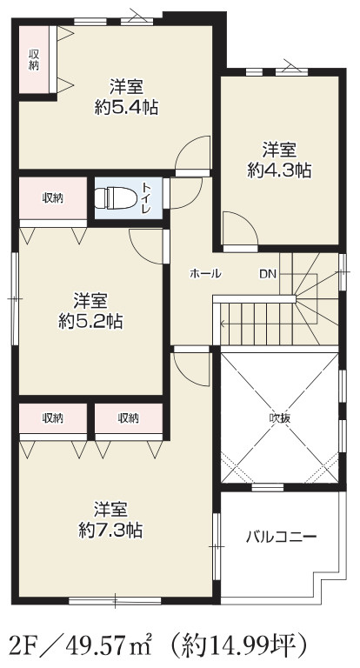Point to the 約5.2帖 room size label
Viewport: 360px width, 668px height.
[90, 321]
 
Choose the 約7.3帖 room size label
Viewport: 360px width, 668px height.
[111, 529]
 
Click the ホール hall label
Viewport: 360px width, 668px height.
[206, 274]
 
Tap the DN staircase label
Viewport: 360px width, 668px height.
[267, 274]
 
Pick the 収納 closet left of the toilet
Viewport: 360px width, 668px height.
[53, 198]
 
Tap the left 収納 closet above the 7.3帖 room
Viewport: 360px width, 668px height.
[53, 418]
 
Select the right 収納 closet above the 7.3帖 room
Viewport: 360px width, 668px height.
[129, 418]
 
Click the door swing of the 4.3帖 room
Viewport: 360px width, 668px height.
[237, 230]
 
